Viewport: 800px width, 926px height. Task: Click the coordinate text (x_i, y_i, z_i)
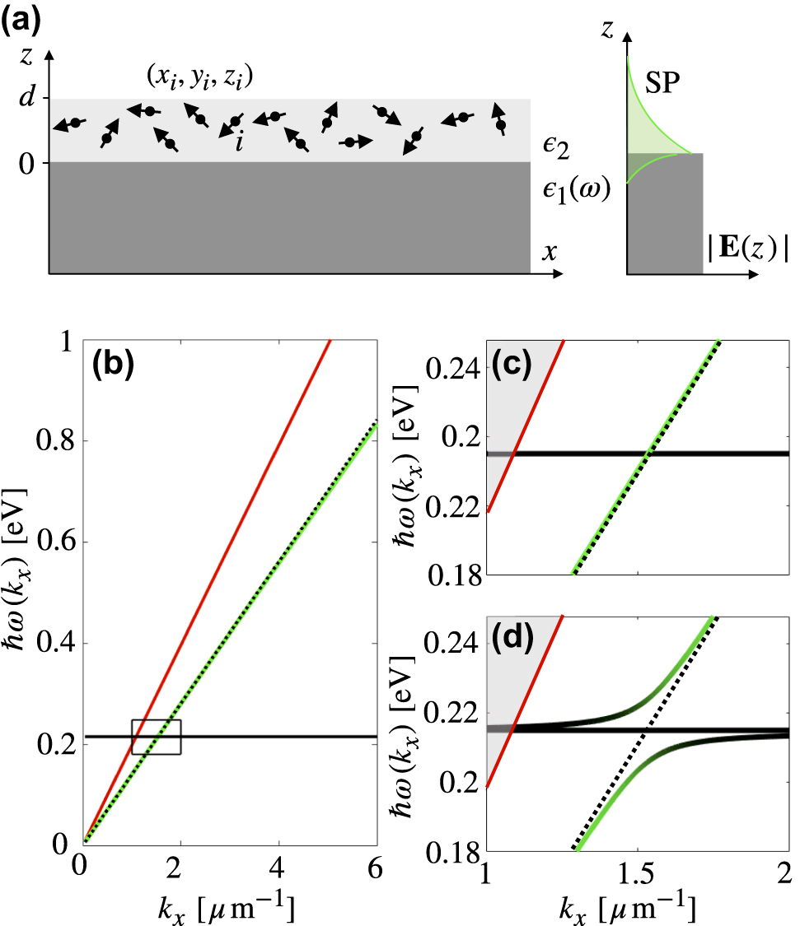click(x=199, y=79)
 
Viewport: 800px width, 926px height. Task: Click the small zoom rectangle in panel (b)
click(x=157, y=737)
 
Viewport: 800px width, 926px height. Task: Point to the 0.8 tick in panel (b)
click(x=51, y=441)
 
